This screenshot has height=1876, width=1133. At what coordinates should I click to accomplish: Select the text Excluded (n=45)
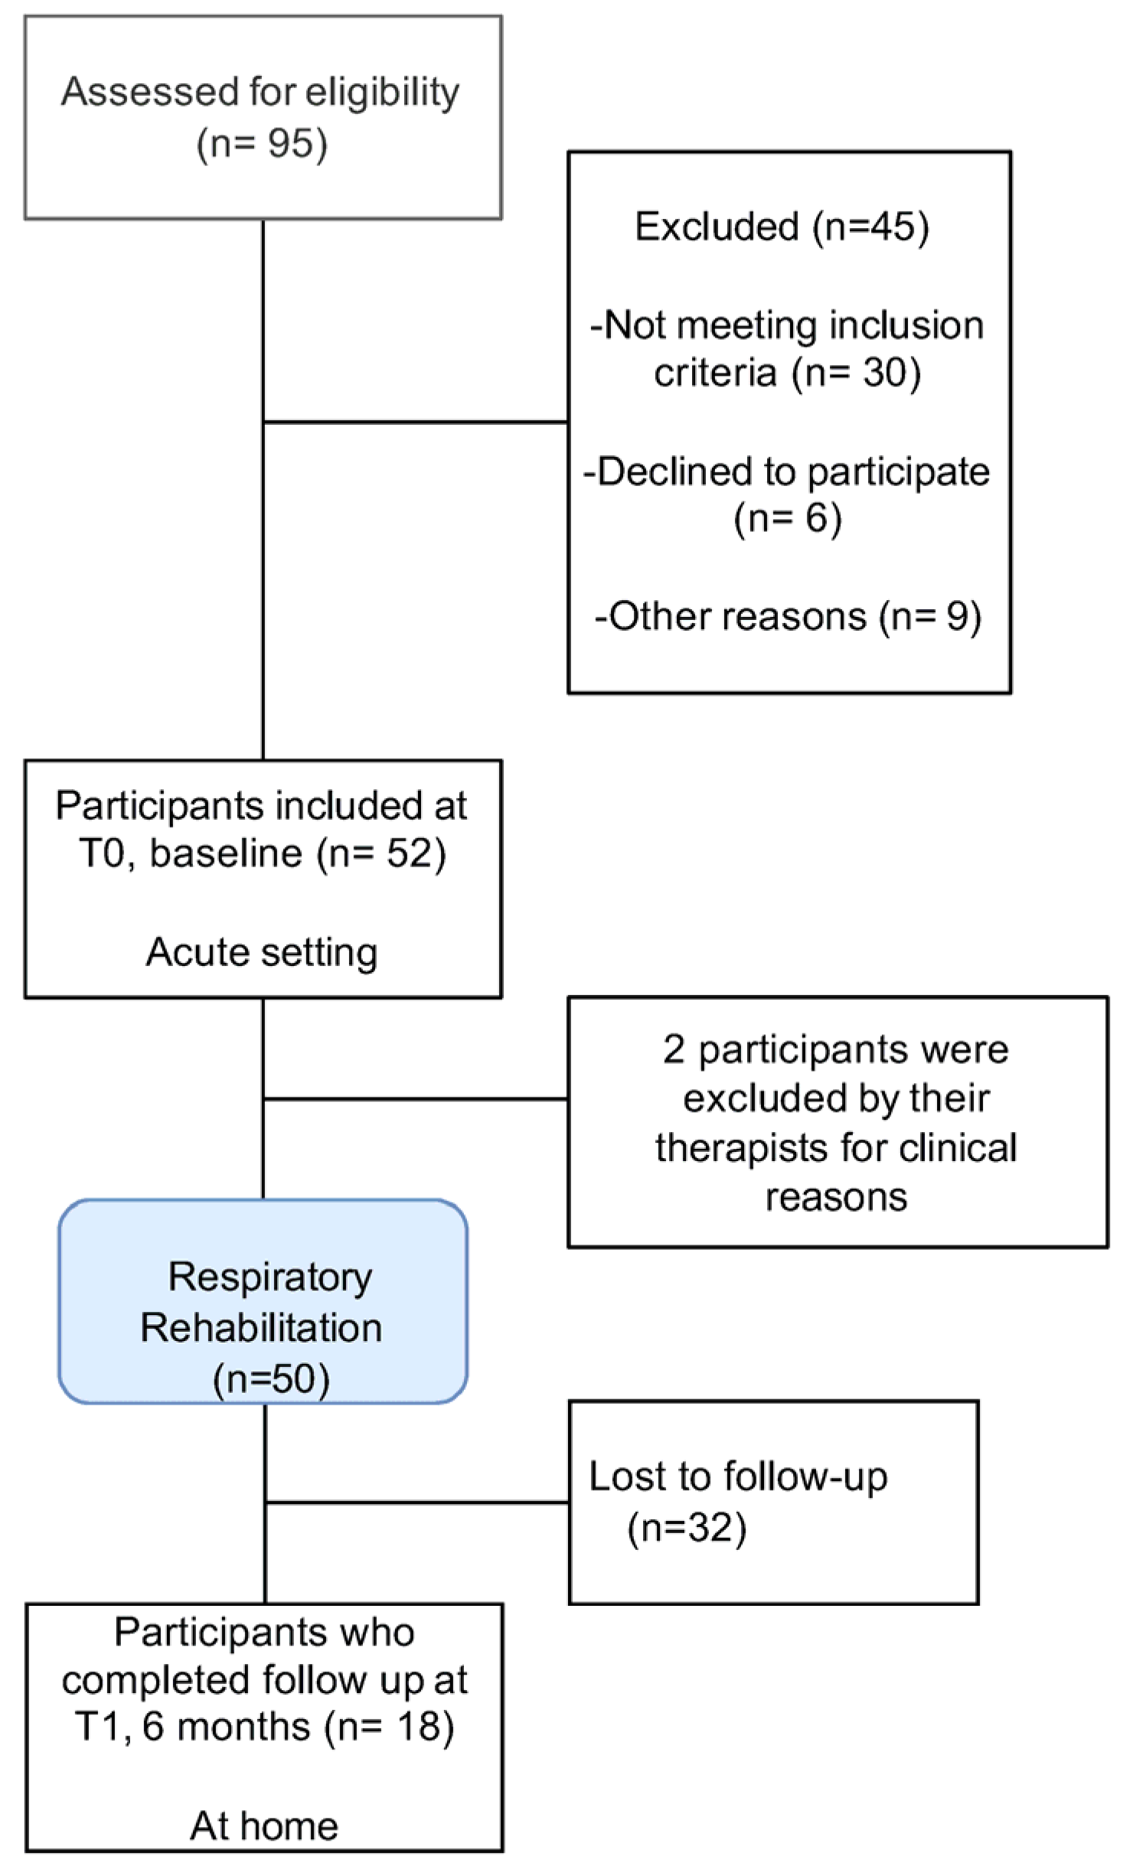click(782, 227)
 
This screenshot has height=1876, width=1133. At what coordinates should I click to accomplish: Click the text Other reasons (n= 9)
click(789, 616)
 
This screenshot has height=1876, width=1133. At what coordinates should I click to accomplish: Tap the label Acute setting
click(262, 953)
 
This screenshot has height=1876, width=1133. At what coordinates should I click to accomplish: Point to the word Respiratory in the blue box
click(270, 1277)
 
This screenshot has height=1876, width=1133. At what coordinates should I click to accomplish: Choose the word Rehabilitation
click(261, 1328)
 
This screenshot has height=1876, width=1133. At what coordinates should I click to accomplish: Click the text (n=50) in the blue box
click(271, 1379)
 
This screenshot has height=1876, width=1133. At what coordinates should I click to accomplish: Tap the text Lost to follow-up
click(738, 1476)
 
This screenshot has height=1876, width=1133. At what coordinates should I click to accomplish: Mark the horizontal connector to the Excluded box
click(416, 422)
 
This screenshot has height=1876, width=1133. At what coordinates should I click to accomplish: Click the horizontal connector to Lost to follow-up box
click(417, 1502)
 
